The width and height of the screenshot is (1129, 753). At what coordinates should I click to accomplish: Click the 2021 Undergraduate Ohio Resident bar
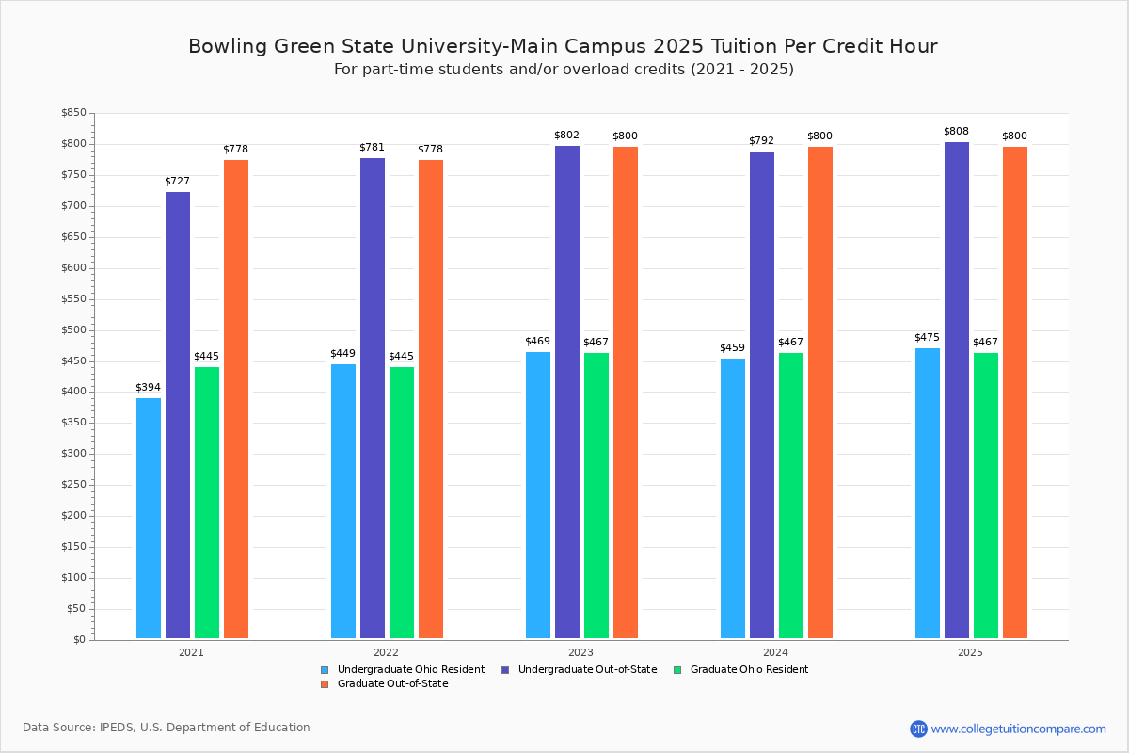click(x=149, y=518)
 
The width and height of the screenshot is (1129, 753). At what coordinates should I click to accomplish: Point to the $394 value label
click(x=148, y=388)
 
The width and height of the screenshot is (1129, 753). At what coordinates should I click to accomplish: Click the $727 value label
click(x=177, y=181)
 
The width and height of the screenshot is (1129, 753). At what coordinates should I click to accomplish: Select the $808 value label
click(x=956, y=132)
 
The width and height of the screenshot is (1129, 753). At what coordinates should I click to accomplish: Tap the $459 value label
click(x=732, y=347)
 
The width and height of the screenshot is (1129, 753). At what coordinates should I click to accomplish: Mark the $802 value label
click(x=566, y=136)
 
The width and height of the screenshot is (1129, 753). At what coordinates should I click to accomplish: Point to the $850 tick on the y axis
click(x=72, y=113)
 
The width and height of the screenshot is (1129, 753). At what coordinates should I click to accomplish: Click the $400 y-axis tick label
click(x=72, y=392)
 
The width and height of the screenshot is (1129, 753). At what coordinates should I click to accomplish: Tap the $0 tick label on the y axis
click(x=78, y=640)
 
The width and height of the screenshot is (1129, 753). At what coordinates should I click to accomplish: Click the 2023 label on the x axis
click(x=580, y=652)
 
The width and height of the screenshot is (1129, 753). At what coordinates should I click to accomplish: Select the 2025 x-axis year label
click(x=970, y=652)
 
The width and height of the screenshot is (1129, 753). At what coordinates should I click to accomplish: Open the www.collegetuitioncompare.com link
click(x=1018, y=729)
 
